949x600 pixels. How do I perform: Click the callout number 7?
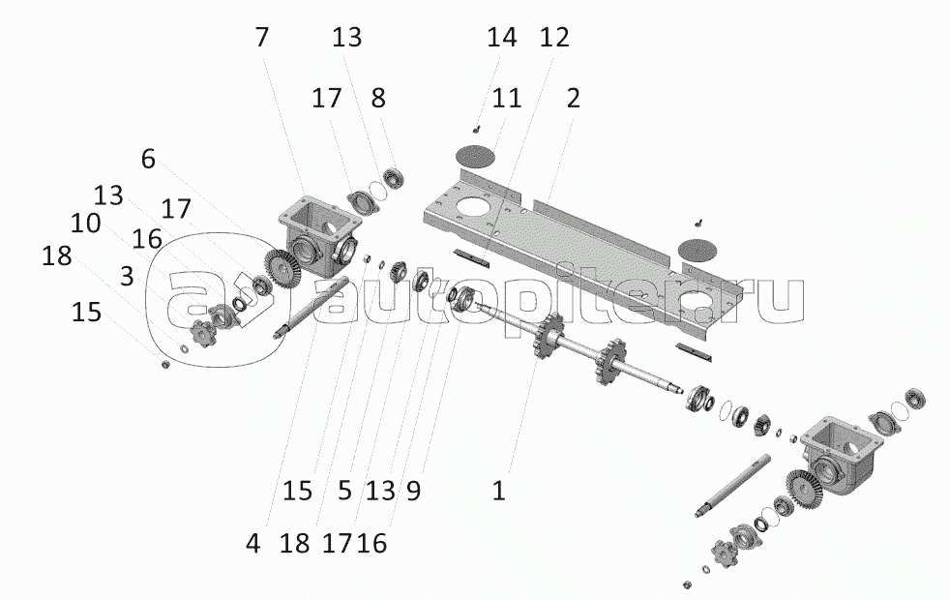(263, 38)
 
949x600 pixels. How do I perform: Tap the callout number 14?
(502, 38)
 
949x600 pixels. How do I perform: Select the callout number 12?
(555, 38)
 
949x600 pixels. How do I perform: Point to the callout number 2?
(574, 98)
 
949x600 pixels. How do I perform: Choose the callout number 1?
(498, 491)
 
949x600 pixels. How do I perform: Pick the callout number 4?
(252, 544)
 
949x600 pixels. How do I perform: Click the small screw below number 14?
(477, 128)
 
